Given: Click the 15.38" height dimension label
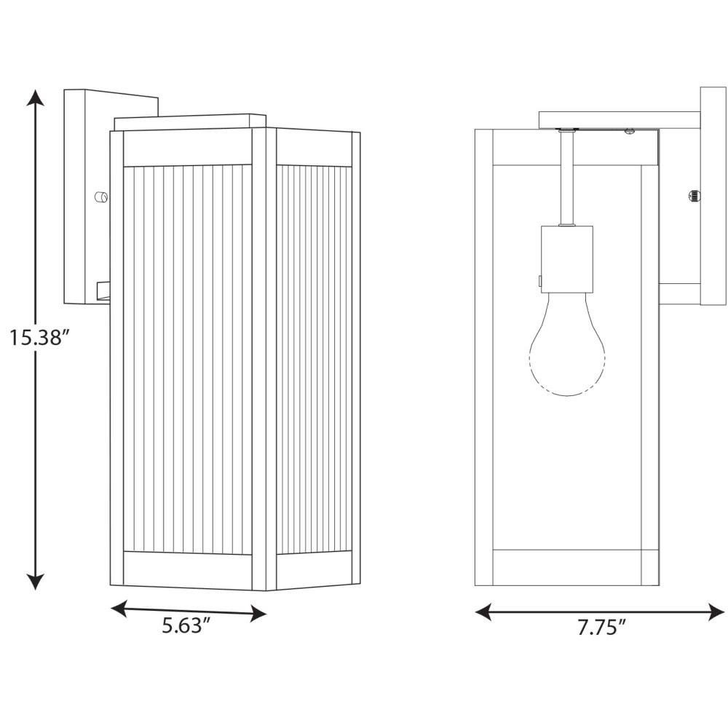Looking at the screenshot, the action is click(x=40, y=338).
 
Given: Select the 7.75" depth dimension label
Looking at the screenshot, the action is click(x=602, y=628).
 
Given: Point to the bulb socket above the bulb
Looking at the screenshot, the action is click(x=567, y=259).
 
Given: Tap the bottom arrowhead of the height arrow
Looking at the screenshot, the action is click(x=35, y=580).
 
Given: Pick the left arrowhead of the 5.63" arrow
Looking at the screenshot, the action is click(x=119, y=607).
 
